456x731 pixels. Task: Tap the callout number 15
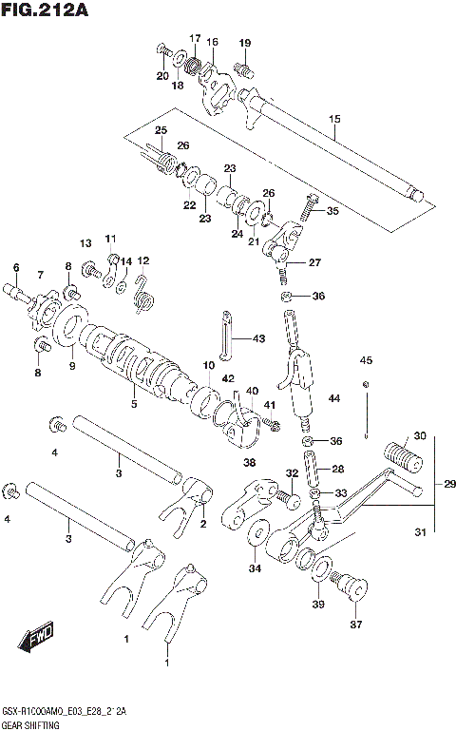point(334,119)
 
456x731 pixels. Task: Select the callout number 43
point(259,338)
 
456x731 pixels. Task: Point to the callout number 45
point(366,359)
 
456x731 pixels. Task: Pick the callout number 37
point(357,624)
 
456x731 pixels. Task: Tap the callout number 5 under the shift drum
point(134,403)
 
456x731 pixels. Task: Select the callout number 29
point(449,484)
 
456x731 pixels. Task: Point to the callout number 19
point(245,43)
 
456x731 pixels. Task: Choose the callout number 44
point(332,397)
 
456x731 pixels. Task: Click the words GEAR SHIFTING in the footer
point(31,724)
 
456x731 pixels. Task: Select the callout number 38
point(249,463)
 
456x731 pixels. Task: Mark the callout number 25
point(161,130)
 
